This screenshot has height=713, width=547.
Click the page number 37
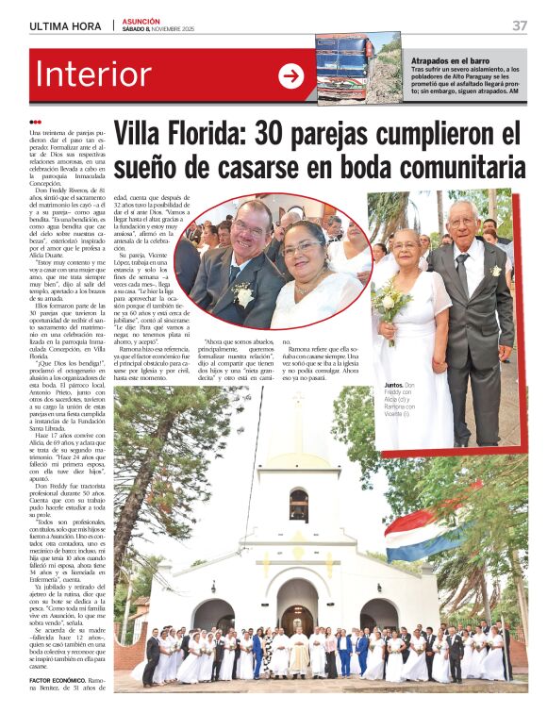tap(519, 25)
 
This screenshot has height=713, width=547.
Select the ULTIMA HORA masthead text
tap(65, 26)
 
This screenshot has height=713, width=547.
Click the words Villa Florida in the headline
tap(189, 135)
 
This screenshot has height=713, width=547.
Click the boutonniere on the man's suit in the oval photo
tap(244, 294)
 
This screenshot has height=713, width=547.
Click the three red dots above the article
tap(36, 122)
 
